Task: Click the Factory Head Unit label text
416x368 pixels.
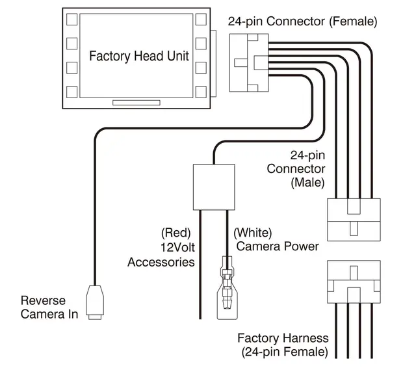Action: [139, 56]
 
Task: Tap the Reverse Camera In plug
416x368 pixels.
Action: [95, 302]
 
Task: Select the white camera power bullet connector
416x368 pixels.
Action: [227, 287]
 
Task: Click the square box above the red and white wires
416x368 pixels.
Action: [214, 187]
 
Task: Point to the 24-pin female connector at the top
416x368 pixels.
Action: [249, 63]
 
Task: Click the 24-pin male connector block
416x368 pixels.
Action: [354, 220]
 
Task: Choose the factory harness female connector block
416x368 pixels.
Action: [354, 282]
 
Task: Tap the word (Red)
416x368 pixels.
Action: [176, 233]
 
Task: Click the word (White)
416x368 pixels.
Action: [253, 233]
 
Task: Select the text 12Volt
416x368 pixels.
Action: [177, 247]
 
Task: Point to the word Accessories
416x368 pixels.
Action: [161, 262]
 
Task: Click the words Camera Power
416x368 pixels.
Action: [278, 246]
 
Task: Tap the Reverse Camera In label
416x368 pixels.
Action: [49, 308]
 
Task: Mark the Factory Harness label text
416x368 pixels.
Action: [283, 338]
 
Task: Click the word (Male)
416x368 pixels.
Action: [307, 183]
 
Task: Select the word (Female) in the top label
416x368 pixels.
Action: [353, 21]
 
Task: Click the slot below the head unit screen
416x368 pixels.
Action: [136, 103]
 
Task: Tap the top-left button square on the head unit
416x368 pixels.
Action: [72, 20]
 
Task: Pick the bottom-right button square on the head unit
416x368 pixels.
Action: [201, 92]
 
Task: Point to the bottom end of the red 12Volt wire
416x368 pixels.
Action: [200, 319]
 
